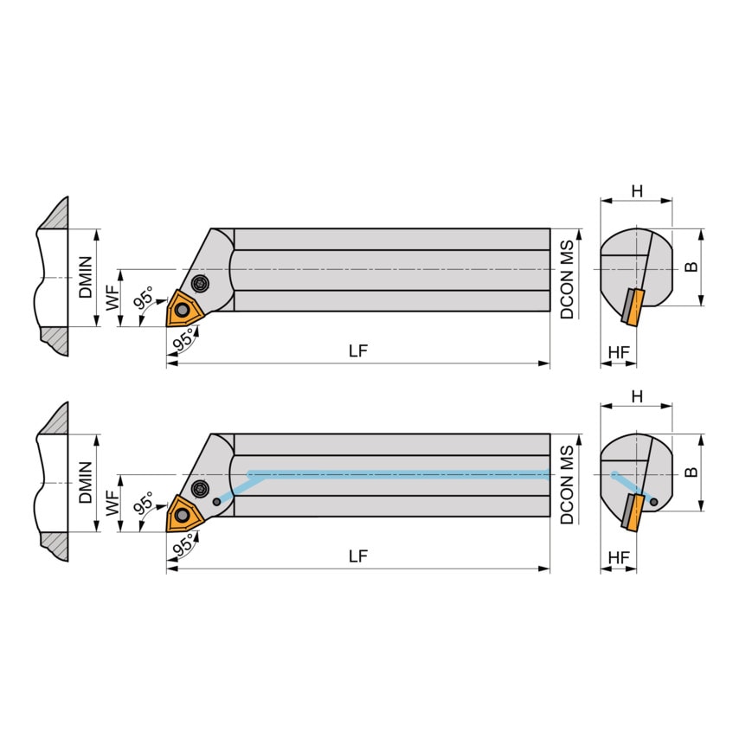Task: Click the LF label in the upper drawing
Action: (358, 350)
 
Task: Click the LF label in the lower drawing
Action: (358, 556)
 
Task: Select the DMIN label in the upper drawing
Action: (86, 277)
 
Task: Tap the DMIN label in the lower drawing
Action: (86, 483)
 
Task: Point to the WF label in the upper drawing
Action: (112, 298)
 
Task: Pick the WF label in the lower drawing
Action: (112, 503)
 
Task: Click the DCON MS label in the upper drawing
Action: (567, 280)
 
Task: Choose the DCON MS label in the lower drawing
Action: (567, 485)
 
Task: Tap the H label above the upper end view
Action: (637, 191)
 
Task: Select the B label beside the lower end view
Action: (691, 472)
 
